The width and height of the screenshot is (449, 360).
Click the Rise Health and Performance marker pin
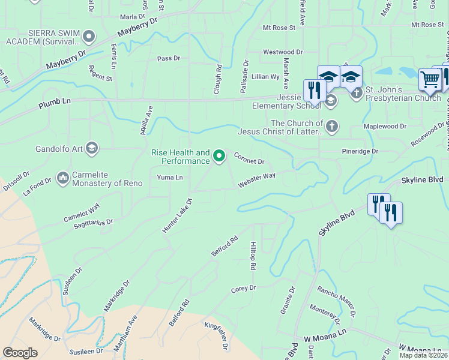(219, 157)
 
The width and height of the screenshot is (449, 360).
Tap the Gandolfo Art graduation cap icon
(92, 148)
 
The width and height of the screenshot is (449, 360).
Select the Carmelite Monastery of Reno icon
(63, 178)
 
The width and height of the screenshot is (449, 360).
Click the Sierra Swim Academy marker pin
(89, 37)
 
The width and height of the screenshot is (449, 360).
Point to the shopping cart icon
(430, 79)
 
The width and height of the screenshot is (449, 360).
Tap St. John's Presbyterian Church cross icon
(357, 92)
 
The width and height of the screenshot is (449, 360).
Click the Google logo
(20, 353)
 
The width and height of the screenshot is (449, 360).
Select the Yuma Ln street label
(169, 178)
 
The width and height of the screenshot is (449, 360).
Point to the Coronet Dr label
(249, 158)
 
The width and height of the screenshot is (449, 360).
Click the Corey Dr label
(244, 289)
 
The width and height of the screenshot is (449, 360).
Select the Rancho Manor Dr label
(337, 295)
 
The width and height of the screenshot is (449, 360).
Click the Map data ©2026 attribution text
(423, 355)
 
